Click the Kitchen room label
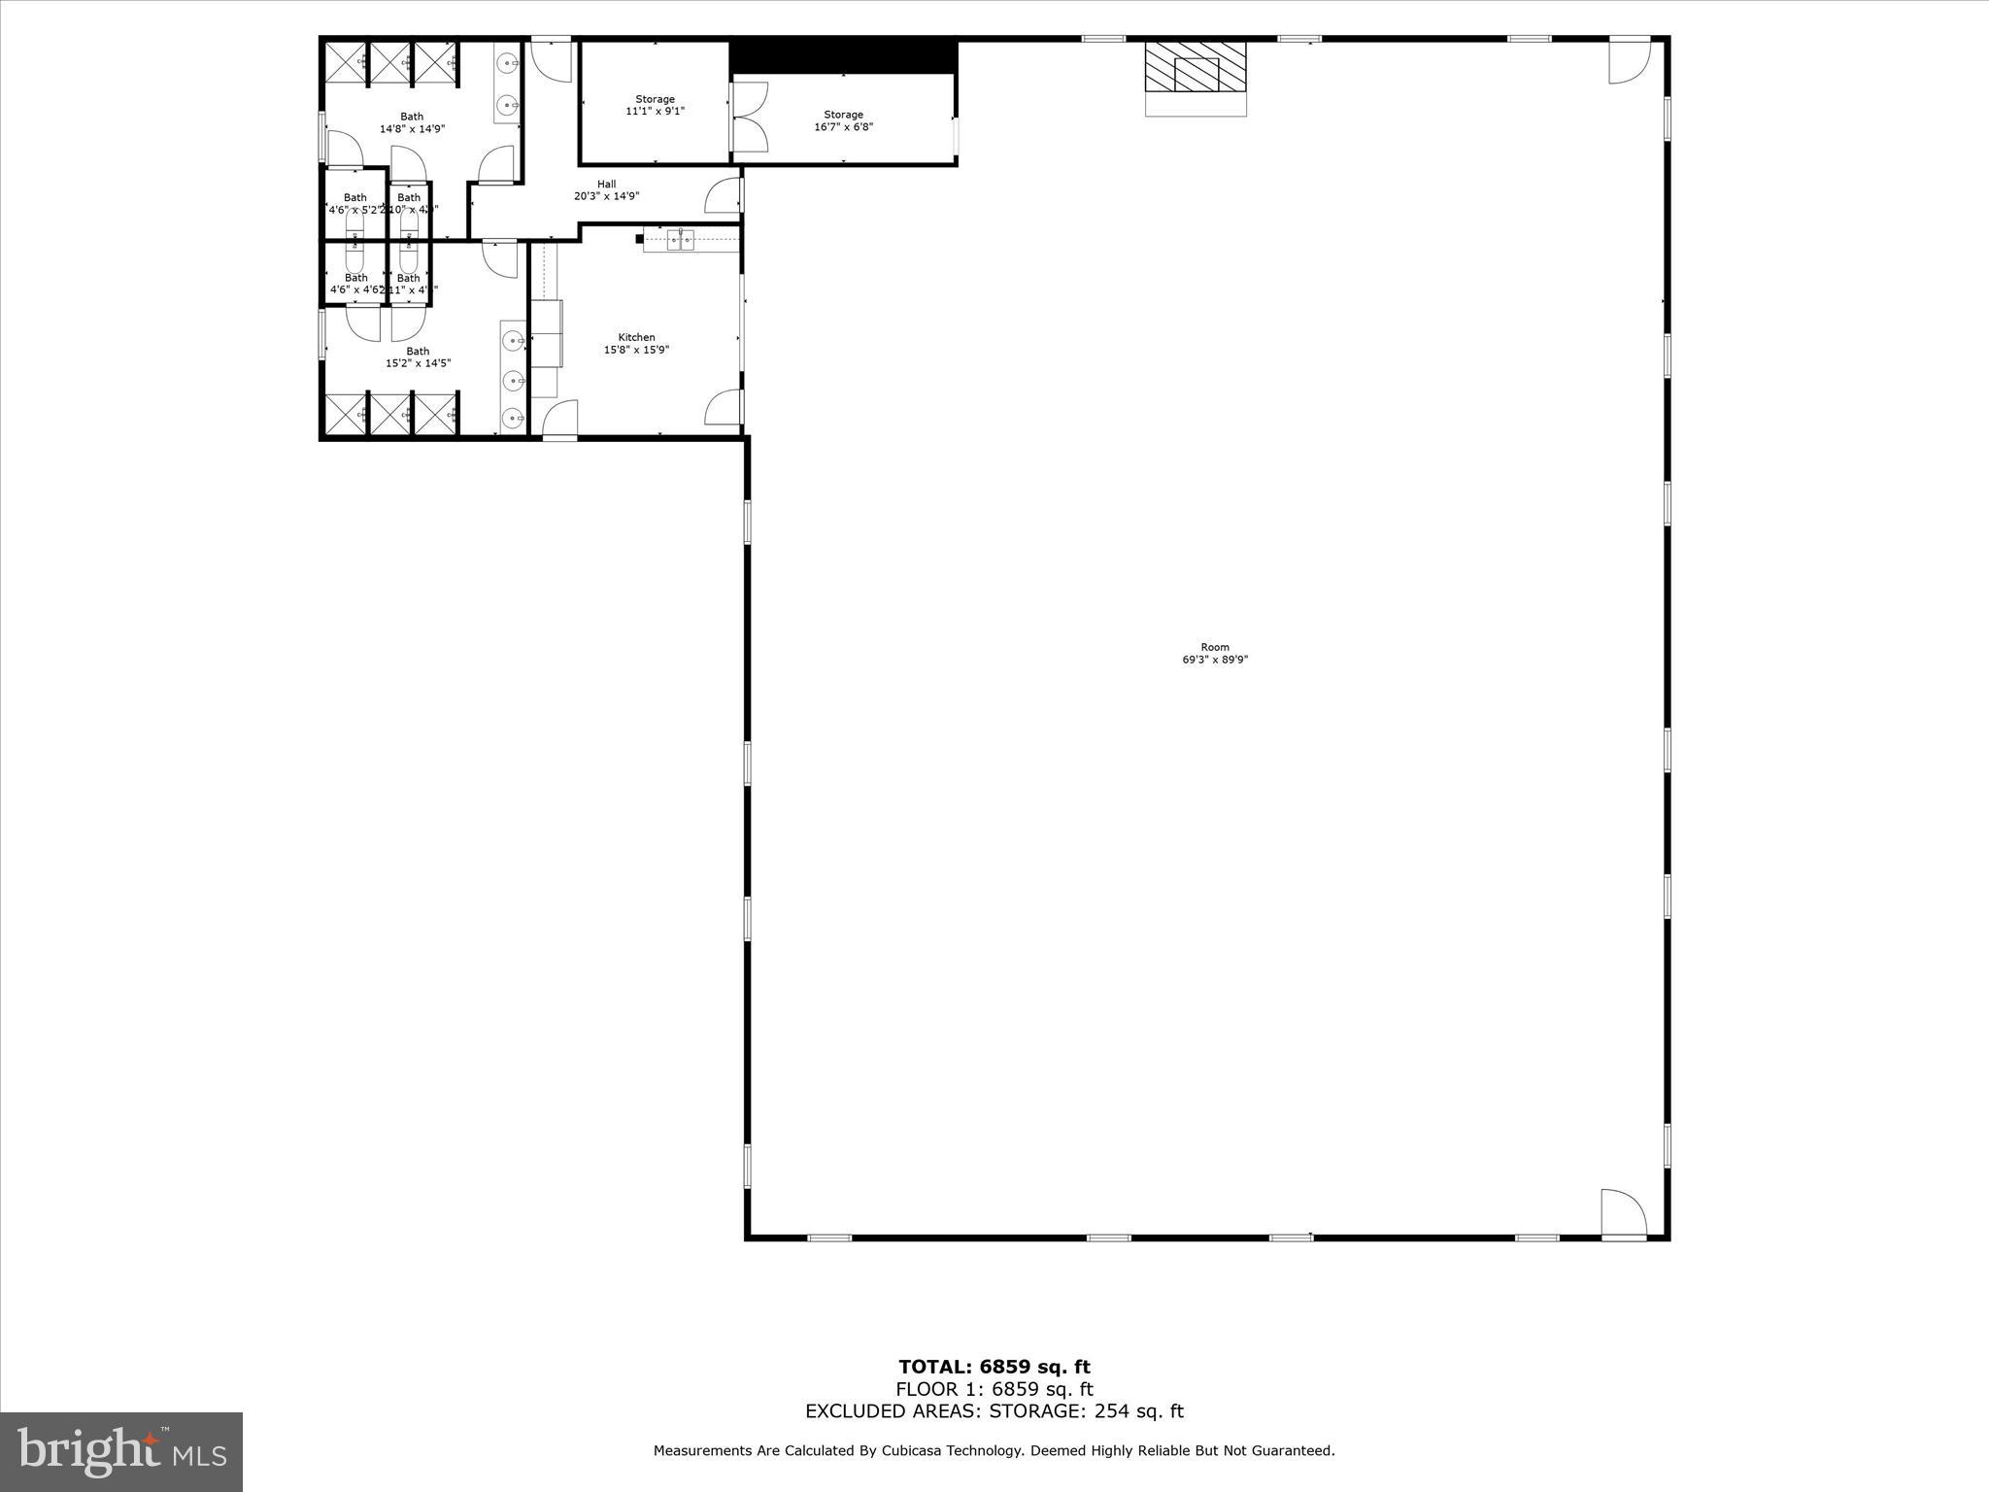[x=636, y=344]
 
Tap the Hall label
[x=606, y=190]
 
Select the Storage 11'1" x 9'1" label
[x=655, y=105]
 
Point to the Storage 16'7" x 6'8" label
[x=843, y=120]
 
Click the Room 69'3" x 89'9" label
[x=1214, y=653]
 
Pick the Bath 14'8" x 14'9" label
[x=412, y=122]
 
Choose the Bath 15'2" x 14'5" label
[x=418, y=357]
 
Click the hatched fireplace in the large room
[x=1196, y=67]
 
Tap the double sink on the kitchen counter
[x=681, y=240]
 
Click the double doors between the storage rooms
[x=749, y=117]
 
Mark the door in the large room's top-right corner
[x=1629, y=61]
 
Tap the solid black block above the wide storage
[x=843, y=54]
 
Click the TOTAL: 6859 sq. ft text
[x=994, y=1368]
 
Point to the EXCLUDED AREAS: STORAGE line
[x=994, y=1411]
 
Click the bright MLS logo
[x=121, y=1452]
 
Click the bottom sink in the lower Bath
[x=513, y=419]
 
